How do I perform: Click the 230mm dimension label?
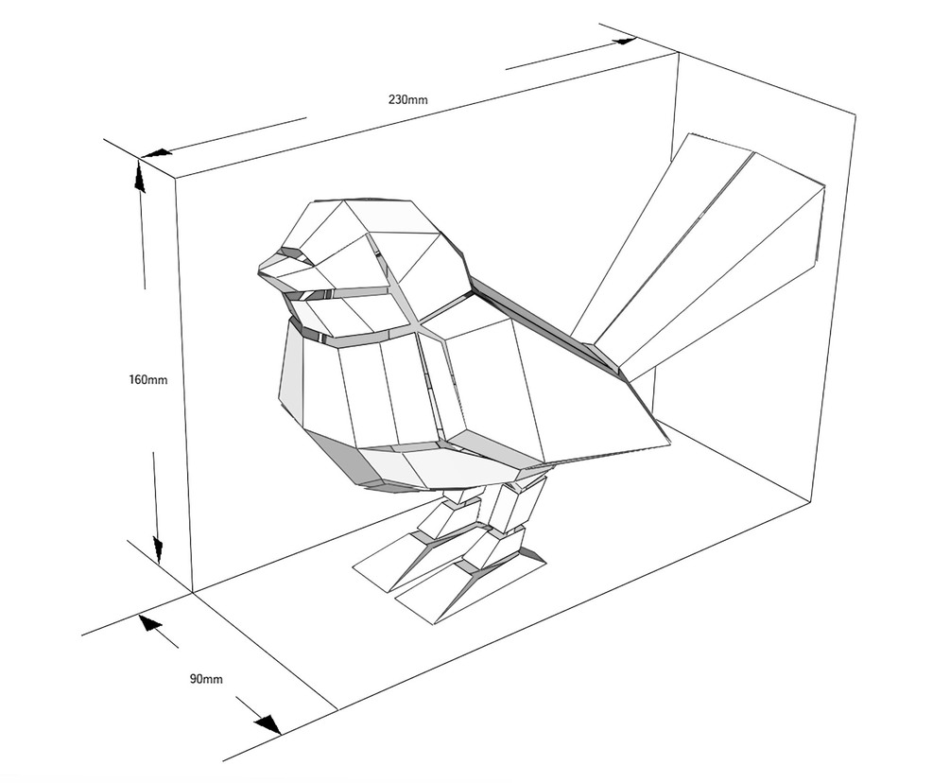(407, 98)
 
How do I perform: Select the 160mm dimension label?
(148, 380)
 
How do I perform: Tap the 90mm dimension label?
(206, 679)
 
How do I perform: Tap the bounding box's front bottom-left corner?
(194, 592)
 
